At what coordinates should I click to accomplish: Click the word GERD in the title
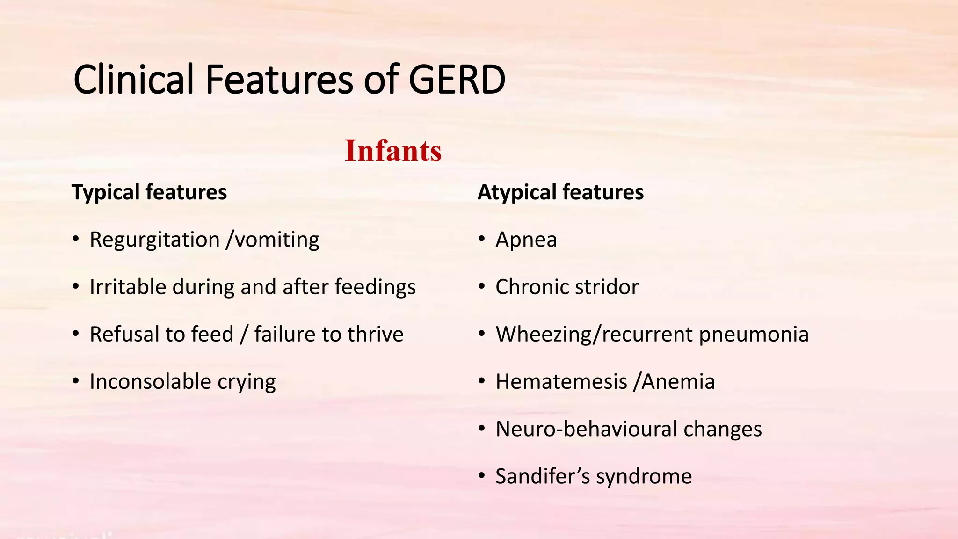pos(457,80)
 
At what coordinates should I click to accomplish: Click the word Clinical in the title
pos(133,80)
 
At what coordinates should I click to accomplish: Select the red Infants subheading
pos(393,151)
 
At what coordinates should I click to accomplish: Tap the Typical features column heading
pos(149,192)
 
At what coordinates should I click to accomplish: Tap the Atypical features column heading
pos(560,192)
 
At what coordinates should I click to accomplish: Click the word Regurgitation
pos(154,240)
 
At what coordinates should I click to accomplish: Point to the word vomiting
pos(277,240)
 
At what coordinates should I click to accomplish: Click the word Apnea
pos(526,240)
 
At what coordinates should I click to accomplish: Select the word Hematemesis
pos(561,381)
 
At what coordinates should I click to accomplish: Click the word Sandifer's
pos(543,476)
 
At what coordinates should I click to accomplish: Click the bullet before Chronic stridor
pos(482,286)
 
